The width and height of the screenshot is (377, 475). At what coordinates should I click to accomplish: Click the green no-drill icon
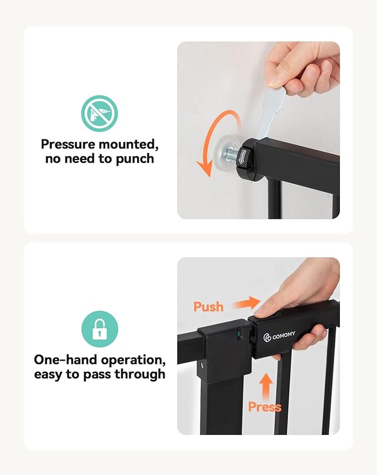click(x=99, y=113)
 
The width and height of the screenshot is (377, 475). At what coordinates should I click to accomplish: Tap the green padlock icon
click(x=99, y=329)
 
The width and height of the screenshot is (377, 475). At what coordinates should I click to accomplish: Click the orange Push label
click(x=208, y=306)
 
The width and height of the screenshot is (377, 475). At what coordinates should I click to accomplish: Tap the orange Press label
click(x=264, y=407)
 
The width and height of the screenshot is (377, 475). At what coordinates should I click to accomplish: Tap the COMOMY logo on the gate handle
click(x=280, y=336)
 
